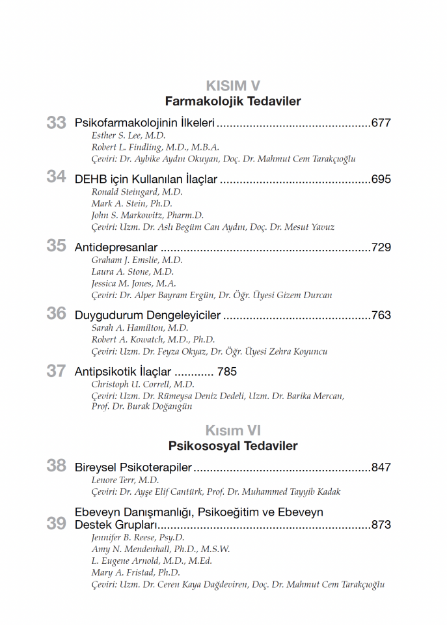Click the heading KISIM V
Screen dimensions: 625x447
click(233, 86)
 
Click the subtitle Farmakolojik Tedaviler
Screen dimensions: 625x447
click(233, 102)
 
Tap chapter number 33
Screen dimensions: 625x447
click(57, 122)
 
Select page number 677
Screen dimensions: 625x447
click(381, 122)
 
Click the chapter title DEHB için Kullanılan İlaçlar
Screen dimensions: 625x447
click(146, 179)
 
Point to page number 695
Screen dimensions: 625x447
click(381, 179)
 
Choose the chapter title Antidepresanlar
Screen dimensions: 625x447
click(116, 247)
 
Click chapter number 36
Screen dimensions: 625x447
click(57, 314)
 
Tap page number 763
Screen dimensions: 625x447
click(381, 316)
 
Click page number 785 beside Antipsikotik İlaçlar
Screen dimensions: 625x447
click(227, 372)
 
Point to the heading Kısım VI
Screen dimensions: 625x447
click(233, 431)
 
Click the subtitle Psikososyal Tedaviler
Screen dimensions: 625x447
click(233, 446)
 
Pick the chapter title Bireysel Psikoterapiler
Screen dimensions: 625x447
click(133, 467)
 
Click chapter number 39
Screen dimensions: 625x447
click(57, 523)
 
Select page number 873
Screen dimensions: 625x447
click(381, 525)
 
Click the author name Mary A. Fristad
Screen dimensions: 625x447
click(135, 572)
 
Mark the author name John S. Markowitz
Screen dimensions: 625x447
click(147, 215)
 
